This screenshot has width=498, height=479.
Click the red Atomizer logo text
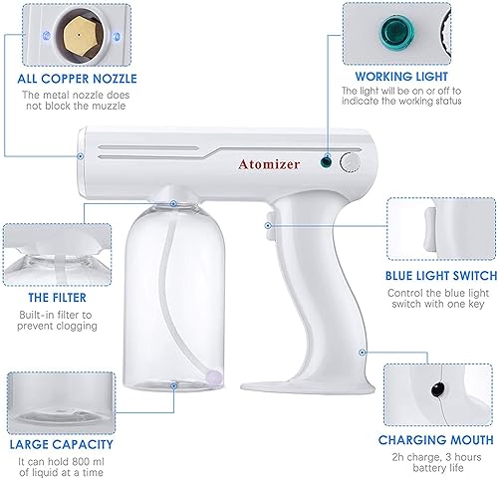pyautogui.click(x=269, y=164)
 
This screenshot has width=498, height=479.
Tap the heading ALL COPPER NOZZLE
pyautogui.click(x=77, y=79)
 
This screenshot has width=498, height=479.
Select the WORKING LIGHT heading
pyautogui.click(x=401, y=77)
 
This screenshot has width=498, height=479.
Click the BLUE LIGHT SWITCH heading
pyautogui.click(x=441, y=276)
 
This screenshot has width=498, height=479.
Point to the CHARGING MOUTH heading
pyautogui.click(x=435, y=440)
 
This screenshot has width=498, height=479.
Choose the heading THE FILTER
pyautogui.click(x=57, y=298)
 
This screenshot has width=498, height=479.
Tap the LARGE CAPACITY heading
pyautogui.click(x=62, y=444)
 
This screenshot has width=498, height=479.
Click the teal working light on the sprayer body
pyautogui.click(x=327, y=161)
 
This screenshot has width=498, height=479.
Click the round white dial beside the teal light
pyautogui.click(x=350, y=162)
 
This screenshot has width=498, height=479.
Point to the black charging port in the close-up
pyautogui.click(x=438, y=389)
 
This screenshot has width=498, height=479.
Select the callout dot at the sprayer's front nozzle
pyautogui.click(x=81, y=156)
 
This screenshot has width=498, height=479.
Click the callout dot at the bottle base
pyautogui.click(x=173, y=385)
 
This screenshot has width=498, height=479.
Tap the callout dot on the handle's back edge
pyautogui.click(x=363, y=353)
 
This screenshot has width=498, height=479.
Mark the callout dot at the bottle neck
pyautogui.click(x=173, y=204)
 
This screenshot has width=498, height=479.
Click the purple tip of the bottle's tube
pyautogui.click(x=214, y=376)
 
